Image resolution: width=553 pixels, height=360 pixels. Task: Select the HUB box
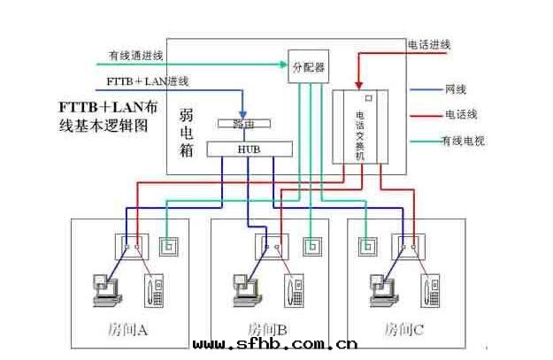250,149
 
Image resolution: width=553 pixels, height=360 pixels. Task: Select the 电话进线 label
429,44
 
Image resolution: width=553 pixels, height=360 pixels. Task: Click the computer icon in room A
104,287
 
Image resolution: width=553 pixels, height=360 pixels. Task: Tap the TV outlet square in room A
170,245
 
